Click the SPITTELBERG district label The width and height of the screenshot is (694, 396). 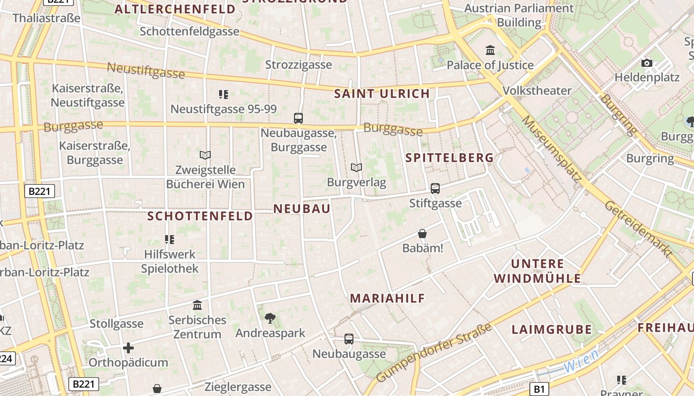pyautogui.click(x=450, y=158)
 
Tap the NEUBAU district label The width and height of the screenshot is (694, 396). pyautogui.click(x=302, y=209)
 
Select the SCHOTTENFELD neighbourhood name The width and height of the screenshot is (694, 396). pyautogui.click(x=200, y=216)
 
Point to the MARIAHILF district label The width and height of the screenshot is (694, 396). pyautogui.click(x=388, y=298)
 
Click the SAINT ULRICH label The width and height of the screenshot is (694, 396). pyautogui.click(x=382, y=94)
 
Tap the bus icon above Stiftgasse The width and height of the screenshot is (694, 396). pyautogui.click(x=435, y=189)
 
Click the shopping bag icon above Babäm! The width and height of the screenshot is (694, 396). pyautogui.click(x=422, y=234)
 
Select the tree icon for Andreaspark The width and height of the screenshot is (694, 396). pyautogui.click(x=270, y=318)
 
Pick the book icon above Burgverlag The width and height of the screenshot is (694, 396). pyautogui.click(x=356, y=168)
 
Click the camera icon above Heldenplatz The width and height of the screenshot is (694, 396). pyautogui.click(x=646, y=63)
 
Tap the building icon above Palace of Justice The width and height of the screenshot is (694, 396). pyautogui.click(x=490, y=50)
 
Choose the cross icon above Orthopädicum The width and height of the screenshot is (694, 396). pyautogui.click(x=128, y=348)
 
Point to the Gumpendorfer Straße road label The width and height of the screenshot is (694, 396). pyautogui.click(x=434, y=352)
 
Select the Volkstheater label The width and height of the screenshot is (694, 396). pyautogui.click(x=537, y=91)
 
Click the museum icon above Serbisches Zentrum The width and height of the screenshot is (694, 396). pyautogui.click(x=197, y=305)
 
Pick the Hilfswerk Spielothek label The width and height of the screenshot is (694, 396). pyautogui.click(x=170, y=261)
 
